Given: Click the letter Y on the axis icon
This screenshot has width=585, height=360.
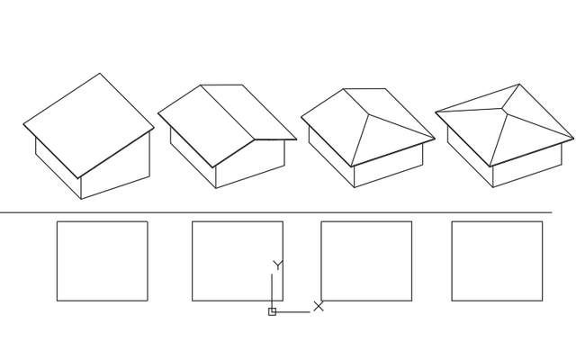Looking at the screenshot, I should click(278, 265).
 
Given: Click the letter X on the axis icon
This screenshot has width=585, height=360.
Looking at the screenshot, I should click(319, 307).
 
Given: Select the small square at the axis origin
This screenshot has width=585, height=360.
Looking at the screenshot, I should click(272, 311).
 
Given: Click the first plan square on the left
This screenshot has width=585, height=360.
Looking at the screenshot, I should click(102, 261).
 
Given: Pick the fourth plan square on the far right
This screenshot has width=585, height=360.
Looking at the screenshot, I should click(496, 261).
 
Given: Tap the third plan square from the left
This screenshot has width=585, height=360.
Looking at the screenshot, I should click(366, 261).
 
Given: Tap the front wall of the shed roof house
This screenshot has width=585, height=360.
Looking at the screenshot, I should click(115, 175).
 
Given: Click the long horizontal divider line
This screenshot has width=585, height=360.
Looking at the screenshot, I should click(270, 213).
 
